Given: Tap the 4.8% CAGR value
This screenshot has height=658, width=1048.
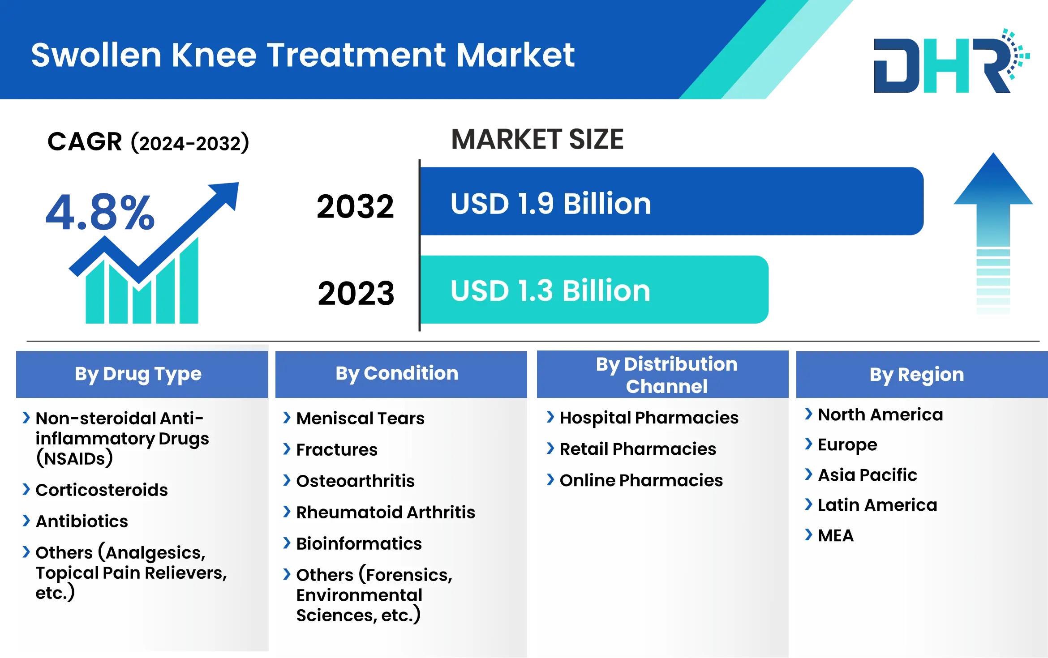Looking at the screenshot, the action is click(100, 213).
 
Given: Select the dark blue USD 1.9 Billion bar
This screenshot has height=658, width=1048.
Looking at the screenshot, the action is click(672, 201).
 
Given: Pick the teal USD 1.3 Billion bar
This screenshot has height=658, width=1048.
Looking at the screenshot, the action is click(594, 289).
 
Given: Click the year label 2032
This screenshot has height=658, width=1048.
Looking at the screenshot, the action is click(355, 206).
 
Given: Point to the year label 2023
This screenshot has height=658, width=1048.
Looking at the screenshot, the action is click(356, 293).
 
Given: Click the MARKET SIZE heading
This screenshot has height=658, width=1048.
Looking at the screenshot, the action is click(537, 139).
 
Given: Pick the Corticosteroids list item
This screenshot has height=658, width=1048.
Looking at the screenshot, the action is click(102, 490).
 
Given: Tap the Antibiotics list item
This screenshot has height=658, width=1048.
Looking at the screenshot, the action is click(82, 521).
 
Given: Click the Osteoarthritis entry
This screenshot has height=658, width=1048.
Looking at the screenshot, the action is click(356, 481).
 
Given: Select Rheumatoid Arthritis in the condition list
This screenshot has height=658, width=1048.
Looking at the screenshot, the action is click(386, 512).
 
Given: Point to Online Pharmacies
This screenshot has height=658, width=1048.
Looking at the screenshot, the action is click(641, 480).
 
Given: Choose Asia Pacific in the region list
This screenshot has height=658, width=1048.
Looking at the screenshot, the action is click(868, 474).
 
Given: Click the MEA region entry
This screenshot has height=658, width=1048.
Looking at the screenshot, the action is click(836, 535).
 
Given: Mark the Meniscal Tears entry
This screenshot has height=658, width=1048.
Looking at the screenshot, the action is click(361, 418).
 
